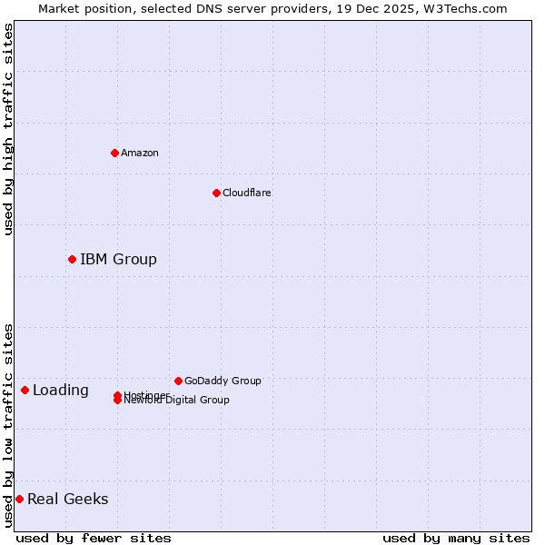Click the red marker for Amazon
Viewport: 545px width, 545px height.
pyautogui.click(x=114, y=153)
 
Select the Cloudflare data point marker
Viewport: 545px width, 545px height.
pyautogui.click(x=216, y=193)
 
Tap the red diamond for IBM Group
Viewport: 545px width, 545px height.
pyautogui.click(x=72, y=259)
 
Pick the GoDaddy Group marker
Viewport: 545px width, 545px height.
pyautogui.click(x=178, y=381)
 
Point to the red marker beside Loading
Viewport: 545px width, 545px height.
pyautogui.click(x=25, y=390)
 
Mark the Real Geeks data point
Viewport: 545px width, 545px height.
pyautogui.click(x=19, y=499)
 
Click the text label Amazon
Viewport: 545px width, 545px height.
pyautogui.click(x=140, y=153)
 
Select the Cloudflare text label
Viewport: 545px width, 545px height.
pyautogui.click(x=246, y=193)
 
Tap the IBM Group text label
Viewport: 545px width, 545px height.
pyautogui.click(x=118, y=259)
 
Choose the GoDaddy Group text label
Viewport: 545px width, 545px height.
pyautogui.click(x=223, y=381)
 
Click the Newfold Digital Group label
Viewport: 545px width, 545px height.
pyautogui.click(x=177, y=401)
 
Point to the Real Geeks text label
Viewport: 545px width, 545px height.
pyautogui.click(x=67, y=499)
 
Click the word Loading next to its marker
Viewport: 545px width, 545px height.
pyautogui.click(x=60, y=390)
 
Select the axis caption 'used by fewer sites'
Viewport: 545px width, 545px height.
pyautogui.click(x=94, y=538)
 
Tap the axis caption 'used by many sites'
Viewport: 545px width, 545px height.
pyautogui.click(x=456, y=538)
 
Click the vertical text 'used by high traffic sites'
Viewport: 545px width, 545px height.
pyautogui.click(x=8, y=129)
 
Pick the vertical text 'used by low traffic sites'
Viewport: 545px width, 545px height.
pyautogui.click(x=8, y=425)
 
